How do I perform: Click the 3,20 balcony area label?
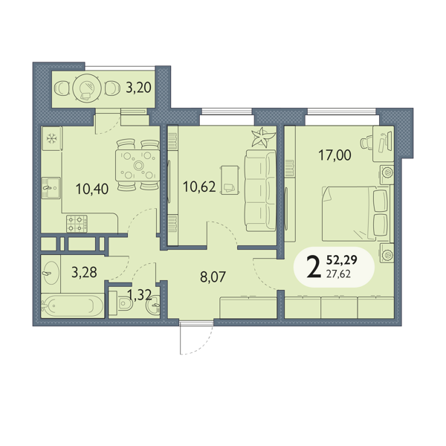click(x=138, y=87)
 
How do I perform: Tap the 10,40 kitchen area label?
click(x=92, y=189)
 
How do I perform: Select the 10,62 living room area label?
click(x=199, y=187)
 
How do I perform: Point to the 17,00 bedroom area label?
click(x=334, y=155)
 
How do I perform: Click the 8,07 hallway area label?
click(x=213, y=277)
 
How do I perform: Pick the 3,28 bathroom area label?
click(x=84, y=272)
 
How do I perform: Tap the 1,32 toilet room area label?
click(x=139, y=294)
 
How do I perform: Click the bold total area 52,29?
click(x=342, y=260)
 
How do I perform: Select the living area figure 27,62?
click(x=338, y=274)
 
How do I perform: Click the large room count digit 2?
click(x=314, y=267)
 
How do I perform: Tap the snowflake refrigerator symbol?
click(x=51, y=139)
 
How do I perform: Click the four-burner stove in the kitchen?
click(x=77, y=224)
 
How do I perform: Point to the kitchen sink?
click(x=51, y=188)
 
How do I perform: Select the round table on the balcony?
click(x=86, y=88)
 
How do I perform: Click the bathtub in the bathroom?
click(x=73, y=306)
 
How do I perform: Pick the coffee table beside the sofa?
click(x=230, y=180)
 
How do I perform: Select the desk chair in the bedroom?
click(x=367, y=142)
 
